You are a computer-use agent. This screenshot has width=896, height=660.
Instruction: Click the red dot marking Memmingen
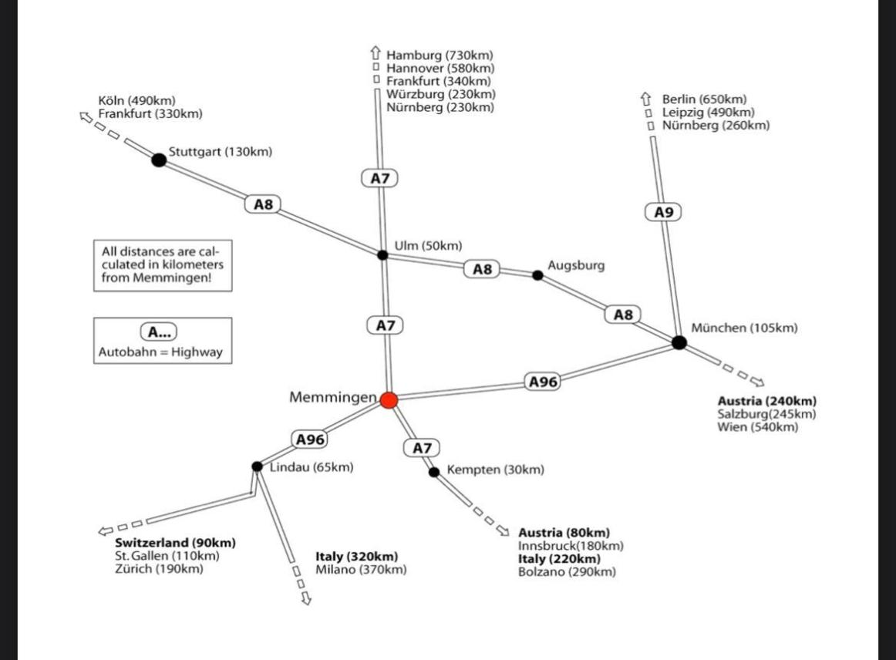pyautogui.click(x=389, y=399)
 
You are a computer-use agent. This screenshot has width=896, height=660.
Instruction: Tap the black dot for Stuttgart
pyautogui.click(x=159, y=160)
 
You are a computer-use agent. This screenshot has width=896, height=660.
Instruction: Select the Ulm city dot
pyautogui.click(x=382, y=254)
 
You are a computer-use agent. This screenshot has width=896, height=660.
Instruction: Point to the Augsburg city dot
pyautogui.click(x=537, y=274)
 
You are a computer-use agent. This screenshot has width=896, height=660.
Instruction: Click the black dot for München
pyautogui.click(x=679, y=342)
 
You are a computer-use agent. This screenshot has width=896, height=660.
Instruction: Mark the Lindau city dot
pyautogui.click(x=257, y=466)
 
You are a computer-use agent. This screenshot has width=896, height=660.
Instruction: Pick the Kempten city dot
pyautogui.click(x=434, y=472)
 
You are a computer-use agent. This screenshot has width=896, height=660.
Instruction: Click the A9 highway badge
pyautogui.click(x=663, y=212)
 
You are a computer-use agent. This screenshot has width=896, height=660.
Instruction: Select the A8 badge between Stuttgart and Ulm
pyautogui.click(x=264, y=204)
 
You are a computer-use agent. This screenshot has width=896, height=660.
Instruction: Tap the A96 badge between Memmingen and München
pyautogui.click(x=542, y=381)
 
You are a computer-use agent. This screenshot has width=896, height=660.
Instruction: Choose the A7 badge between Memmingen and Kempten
pyautogui.click(x=421, y=447)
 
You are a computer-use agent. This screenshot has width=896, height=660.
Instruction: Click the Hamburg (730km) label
pyautogui.click(x=440, y=56)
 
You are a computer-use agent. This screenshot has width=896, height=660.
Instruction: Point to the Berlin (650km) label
pyautogui.click(x=704, y=99)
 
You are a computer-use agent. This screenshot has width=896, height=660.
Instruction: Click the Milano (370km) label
pyautogui.click(x=361, y=570)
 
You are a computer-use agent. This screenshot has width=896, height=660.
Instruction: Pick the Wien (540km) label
pyautogui.click(x=757, y=426)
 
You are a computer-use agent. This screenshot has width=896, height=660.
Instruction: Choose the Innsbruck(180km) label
pyautogui.click(x=571, y=546)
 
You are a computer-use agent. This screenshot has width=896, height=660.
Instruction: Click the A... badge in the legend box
pyautogui.click(x=158, y=332)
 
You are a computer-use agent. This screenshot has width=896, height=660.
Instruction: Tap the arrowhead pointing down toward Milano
pyautogui.click(x=305, y=598)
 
